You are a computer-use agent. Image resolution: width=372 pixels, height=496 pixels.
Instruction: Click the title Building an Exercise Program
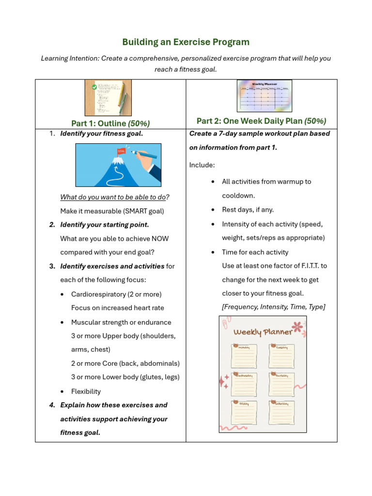point(186,42)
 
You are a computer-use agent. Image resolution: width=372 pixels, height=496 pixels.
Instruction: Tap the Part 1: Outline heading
point(110,124)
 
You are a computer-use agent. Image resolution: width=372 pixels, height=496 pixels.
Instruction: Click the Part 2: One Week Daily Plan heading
point(261,121)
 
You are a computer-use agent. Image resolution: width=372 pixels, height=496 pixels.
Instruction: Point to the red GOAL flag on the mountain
point(121,151)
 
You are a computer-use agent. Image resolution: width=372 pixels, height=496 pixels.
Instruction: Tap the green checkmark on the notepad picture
point(94,87)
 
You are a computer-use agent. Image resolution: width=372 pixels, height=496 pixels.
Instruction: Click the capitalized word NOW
point(160,239)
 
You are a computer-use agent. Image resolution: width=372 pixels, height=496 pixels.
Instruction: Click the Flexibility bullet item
point(86,391)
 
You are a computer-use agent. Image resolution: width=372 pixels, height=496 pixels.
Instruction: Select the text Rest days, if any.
point(248,210)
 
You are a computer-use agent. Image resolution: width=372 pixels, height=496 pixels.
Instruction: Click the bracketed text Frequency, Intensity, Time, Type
point(273,307)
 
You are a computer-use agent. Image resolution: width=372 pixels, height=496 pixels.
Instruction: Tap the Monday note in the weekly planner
point(244,356)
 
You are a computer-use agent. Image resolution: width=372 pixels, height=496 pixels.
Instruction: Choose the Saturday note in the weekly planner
point(281,412)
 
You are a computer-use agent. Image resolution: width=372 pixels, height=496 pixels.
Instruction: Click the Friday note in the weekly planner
point(244,412)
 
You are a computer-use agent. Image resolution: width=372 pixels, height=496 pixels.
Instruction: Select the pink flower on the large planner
point(297,328)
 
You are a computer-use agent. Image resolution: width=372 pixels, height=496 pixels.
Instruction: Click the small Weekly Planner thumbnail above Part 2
point(264,96)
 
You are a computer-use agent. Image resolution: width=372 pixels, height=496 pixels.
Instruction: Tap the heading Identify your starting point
point(104,225)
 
